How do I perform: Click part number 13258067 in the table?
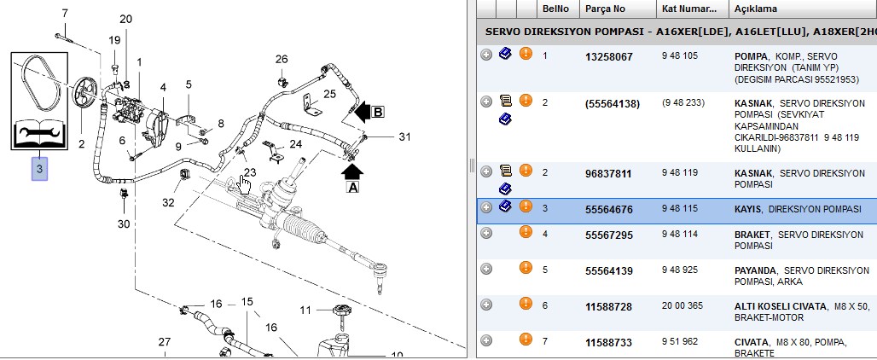click(x=609, y=57)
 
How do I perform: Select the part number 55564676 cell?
click(x=609, y=210)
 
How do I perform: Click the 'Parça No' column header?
click(x=605, y=9)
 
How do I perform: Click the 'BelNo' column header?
click(x=555, y=9)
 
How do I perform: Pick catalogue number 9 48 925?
click(x=680, y=270)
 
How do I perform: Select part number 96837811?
click(x=609, y=174)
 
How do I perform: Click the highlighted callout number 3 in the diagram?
click(x=39, y=168)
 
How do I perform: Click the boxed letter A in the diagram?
click(x=353, y=188)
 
